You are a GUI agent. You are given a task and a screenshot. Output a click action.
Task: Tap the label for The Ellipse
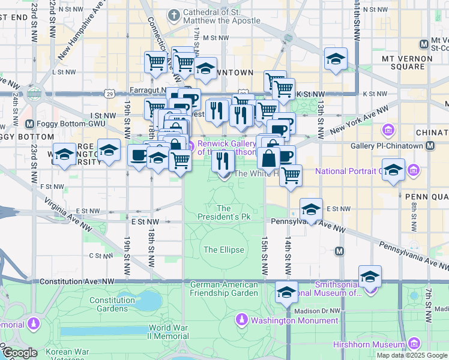coord(224,250)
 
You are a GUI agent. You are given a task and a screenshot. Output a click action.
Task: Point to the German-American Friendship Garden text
coord(224,289)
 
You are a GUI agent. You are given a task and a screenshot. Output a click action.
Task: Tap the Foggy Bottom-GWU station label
coord(61,124)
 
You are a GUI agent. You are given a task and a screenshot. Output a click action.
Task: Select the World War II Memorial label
coord(169,332)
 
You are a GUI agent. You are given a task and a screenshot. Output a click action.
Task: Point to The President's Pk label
coord(224,212)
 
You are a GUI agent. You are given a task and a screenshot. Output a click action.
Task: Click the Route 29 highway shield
coord(109,94)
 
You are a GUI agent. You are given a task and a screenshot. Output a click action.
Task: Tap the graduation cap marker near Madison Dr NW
coord(287,292)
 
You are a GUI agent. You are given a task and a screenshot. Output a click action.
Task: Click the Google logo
coord(20,353)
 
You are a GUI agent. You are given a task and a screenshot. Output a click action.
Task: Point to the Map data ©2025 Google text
coord(412,355)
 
